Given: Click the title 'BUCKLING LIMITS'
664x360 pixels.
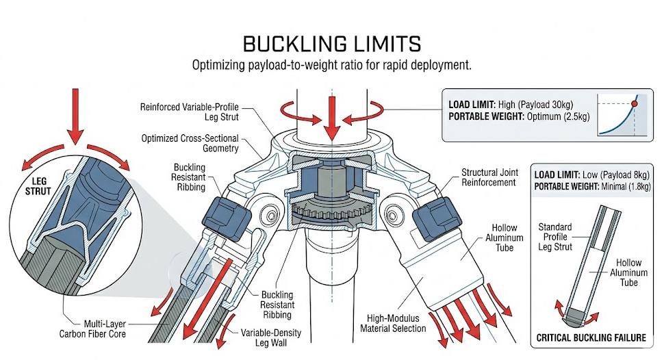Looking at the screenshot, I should click(332, 45).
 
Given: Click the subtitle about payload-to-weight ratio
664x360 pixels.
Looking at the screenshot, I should click(332, 66).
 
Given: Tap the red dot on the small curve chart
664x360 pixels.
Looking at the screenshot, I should click(634, 103).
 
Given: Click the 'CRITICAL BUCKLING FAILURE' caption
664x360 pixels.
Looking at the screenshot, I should click(590, 337).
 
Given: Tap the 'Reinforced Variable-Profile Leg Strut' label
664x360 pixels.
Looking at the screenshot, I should click(194, 112).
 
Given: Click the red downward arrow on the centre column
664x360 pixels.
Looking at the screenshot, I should click(332, 120).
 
